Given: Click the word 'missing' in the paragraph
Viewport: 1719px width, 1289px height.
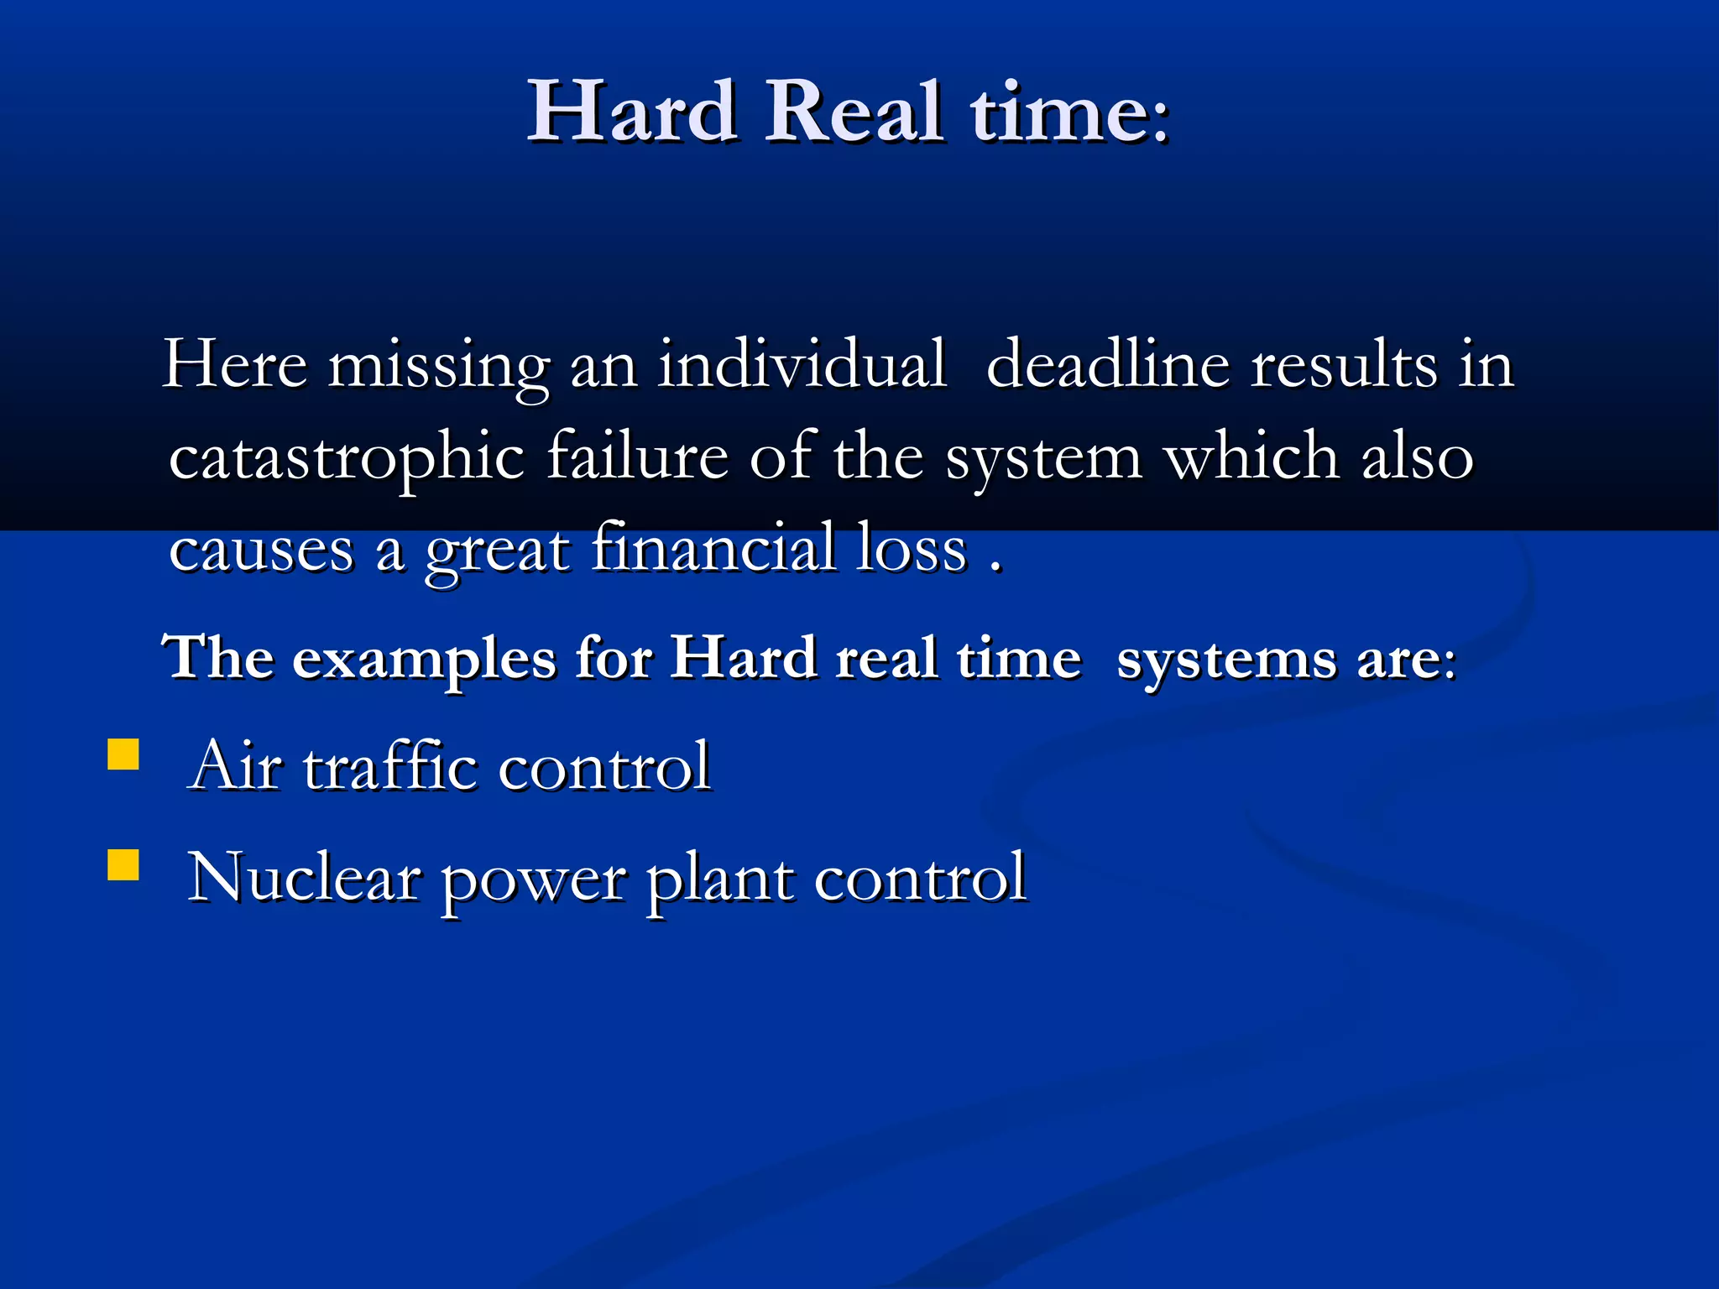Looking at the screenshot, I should (438, 367).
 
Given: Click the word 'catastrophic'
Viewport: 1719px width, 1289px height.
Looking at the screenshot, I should (347, 458).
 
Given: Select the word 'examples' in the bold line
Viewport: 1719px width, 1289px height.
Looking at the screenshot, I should (424, 659).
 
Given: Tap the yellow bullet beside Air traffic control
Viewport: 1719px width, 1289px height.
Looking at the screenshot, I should (123, 754).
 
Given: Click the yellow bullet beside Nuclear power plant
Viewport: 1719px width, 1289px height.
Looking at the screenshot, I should (123, 864).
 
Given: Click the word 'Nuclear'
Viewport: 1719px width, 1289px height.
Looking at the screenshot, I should (304, 877).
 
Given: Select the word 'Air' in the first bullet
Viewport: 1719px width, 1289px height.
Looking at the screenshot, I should (235, 765).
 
